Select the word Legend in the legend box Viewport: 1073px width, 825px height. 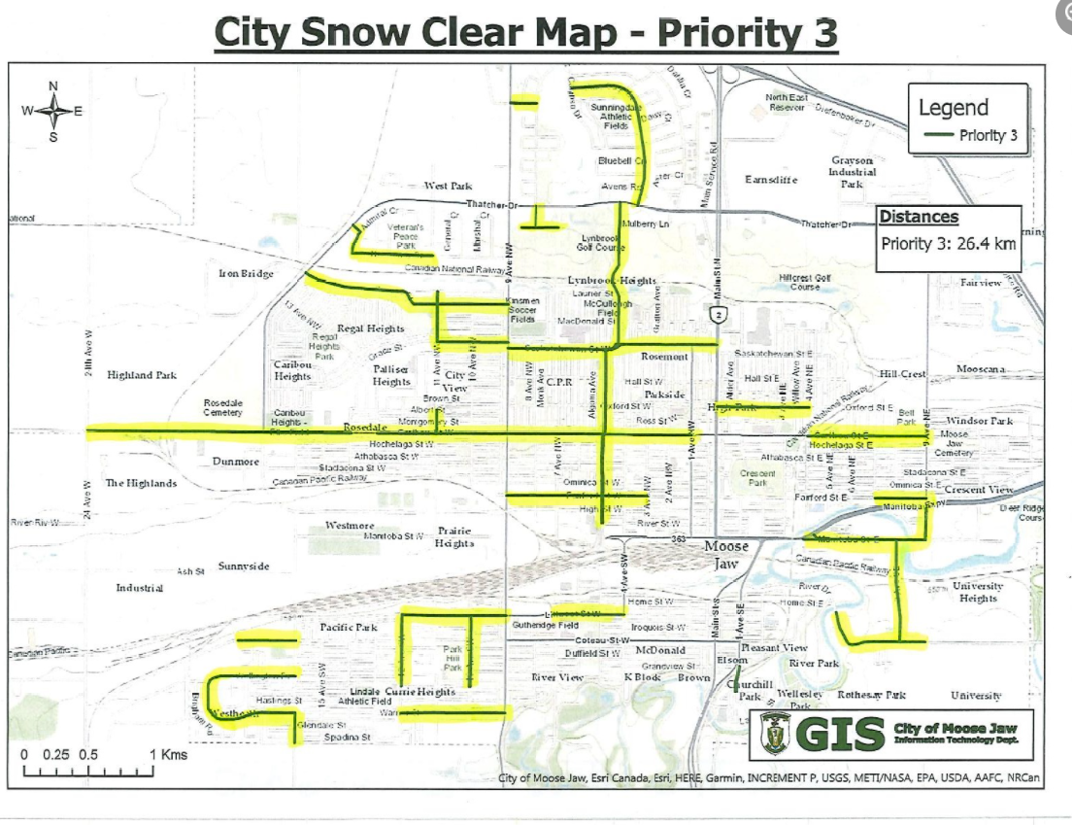point(953,108)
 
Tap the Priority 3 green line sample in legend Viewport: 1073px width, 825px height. point(937,135)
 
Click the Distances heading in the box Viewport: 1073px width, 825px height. point(919,217)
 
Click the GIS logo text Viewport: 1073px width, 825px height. point(840,735)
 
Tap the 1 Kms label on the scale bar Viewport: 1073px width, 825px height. point(168,754)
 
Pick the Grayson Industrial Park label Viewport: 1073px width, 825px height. point(852,172)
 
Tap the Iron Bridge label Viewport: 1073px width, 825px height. point(246,274)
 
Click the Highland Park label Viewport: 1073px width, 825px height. point(142,375)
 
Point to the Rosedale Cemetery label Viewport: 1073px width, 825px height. point(222,407)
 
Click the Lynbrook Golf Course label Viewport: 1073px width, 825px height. point(603,243)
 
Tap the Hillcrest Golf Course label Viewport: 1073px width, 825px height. point(806,282)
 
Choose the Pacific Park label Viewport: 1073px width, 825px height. point(349,628)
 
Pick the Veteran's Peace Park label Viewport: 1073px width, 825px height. point(406,235)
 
